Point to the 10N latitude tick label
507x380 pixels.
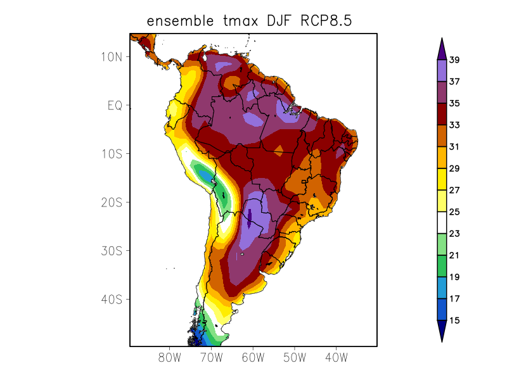(112, 56)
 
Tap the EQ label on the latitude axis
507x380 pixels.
(115, 105)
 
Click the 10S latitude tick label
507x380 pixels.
(112, 154)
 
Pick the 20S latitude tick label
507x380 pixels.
(112, 202)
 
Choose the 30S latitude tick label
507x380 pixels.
(112, 251)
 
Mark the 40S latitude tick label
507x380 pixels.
(112, 299)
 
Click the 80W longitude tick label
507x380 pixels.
(170, 357)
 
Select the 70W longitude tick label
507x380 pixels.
(211, 357)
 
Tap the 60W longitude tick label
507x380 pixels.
(253, 357)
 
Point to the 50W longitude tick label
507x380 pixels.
(295, 357)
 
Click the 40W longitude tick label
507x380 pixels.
(336, 357)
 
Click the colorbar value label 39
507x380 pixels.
(454, 60)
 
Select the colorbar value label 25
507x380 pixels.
(454, 212)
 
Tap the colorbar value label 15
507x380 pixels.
(454, 320)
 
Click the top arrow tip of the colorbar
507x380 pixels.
(441, 39)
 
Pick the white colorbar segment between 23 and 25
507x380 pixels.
(441, 223)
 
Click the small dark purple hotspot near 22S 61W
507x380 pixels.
(250, 218)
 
